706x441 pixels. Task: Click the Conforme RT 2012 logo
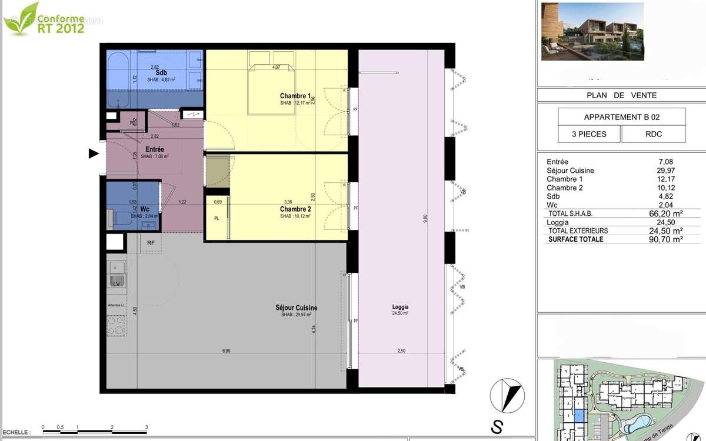point(44,18)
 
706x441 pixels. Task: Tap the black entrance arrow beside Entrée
point(93,153)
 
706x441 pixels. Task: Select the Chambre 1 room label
point(295,96)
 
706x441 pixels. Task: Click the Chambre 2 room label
point(295,209)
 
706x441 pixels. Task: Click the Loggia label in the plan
point(401,307)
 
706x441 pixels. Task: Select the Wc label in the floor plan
point(136,209)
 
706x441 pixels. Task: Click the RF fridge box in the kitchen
point(151,242)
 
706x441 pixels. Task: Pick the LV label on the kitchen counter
point(116,284)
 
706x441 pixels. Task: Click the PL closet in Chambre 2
point(217,218)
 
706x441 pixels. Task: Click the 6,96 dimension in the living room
point(226,351)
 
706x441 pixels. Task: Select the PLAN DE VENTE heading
point(621,95)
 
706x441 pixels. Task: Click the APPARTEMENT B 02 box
point(621,116)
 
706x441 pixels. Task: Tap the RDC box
point(653,134)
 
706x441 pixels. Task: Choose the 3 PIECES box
point(590,134)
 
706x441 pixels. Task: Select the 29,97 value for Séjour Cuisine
point(664,171)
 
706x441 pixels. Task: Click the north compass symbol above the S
point(507,395)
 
